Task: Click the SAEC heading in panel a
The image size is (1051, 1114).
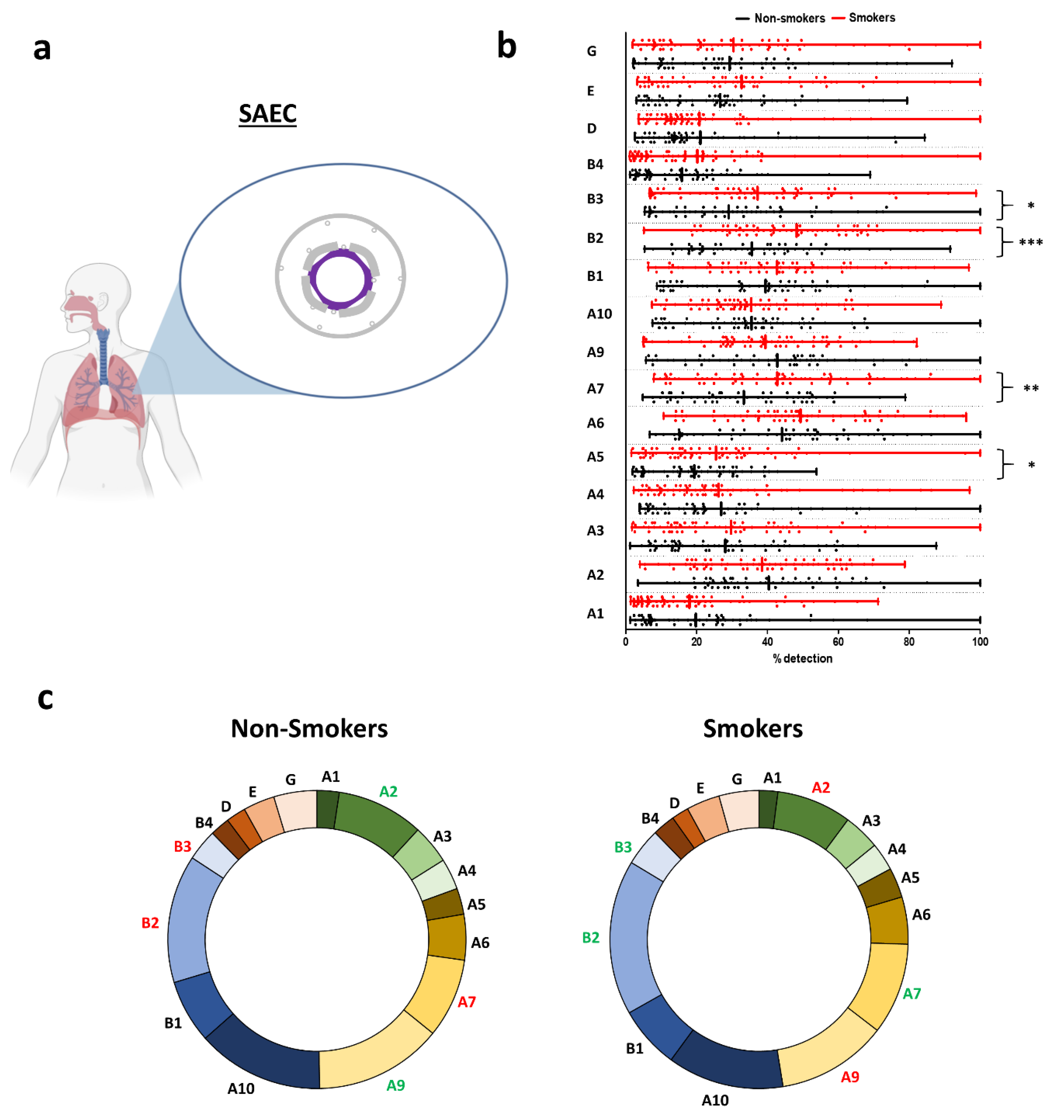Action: (267, 114)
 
